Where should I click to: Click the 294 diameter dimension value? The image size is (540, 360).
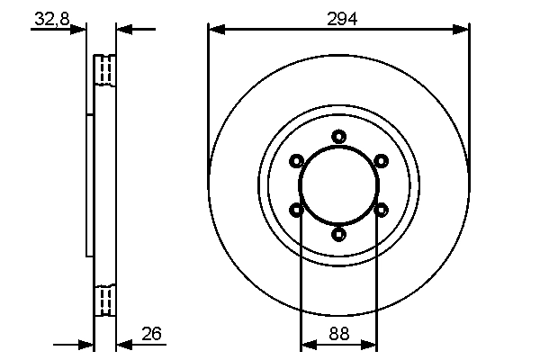[x=338, y=18]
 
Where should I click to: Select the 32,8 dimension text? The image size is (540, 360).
[x=51, y=18]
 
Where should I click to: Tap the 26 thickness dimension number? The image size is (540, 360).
[x=151, y=334]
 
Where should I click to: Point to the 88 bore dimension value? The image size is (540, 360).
[x=338, y=334]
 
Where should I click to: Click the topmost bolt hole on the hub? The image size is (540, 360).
[x=338, y=137]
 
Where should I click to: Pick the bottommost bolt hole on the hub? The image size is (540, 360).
[x=338, y=234]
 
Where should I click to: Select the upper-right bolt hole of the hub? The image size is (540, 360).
[x=381, y=161]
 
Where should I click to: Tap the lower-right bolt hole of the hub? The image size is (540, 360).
[x=381, y=210]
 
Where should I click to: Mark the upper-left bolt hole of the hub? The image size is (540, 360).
[x=296, y=161]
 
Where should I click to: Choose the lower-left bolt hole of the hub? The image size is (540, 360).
[x=296, y=210]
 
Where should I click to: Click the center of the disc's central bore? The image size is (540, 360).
[x=338, y=185]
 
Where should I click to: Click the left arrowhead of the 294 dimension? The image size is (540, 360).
[x=214, y=31]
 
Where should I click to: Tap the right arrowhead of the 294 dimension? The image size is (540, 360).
[x=463, y=31]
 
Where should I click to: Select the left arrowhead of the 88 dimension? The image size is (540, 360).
[x=306, y=344]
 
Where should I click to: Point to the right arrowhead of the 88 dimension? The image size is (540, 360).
[x=371, y=344]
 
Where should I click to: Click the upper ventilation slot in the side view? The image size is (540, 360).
[x=105, y=70]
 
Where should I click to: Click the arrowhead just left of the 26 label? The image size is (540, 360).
[x=124, y=344]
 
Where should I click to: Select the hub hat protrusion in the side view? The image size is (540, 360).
[x=89, y=184]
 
